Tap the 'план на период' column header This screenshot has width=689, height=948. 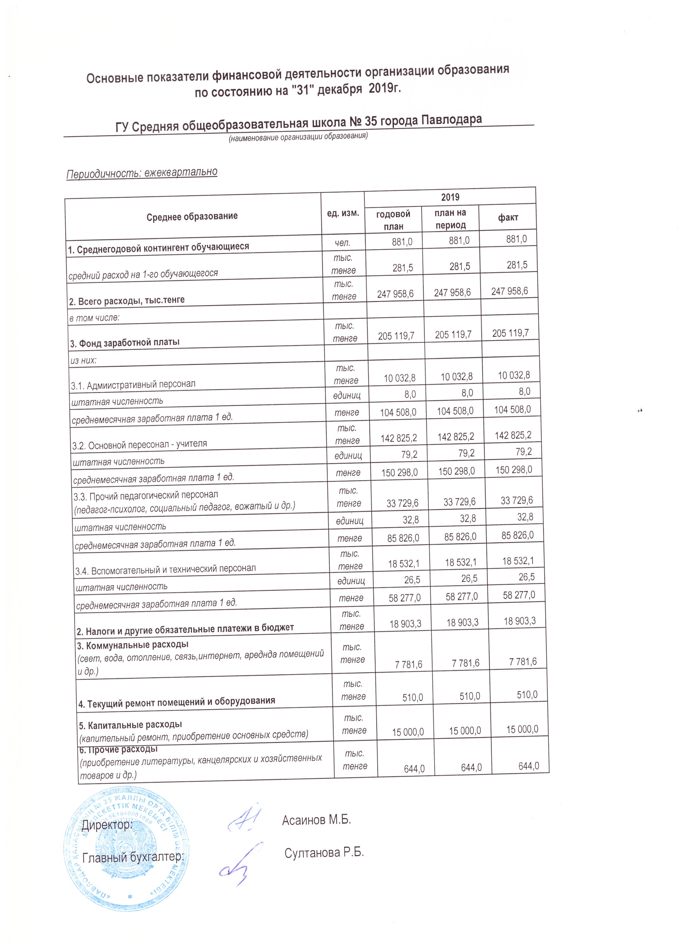coord(450,218)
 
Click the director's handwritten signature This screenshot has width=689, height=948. coord(246,816)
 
